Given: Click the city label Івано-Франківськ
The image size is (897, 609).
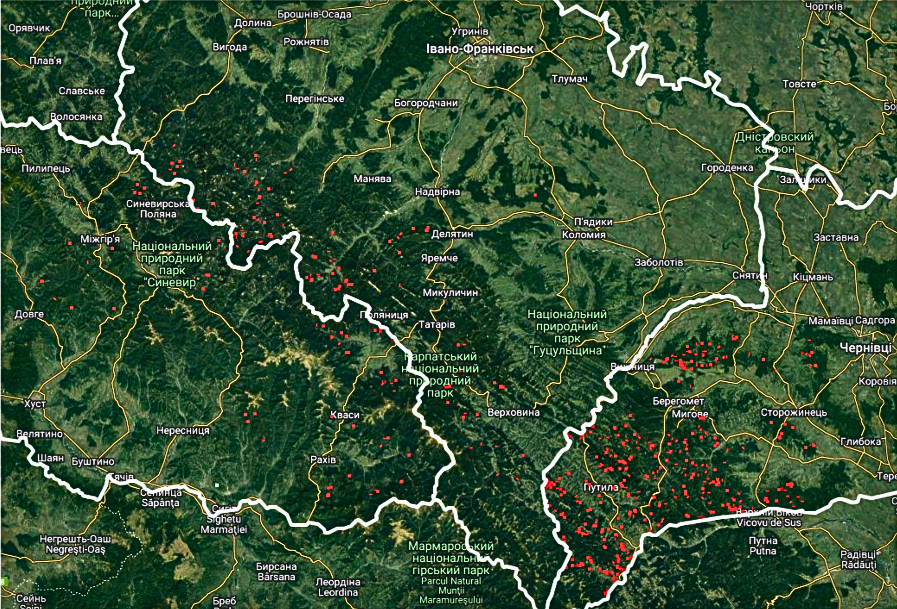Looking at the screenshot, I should tap(480, 49).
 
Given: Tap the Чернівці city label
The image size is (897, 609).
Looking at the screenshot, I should tap(866, 348).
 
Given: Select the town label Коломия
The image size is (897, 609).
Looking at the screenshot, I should tap(584, 235).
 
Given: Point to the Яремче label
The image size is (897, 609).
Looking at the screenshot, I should tap(439, 258).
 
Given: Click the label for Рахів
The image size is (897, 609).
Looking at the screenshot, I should tap(323, 460).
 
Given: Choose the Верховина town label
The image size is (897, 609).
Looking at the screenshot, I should tap(513, 412).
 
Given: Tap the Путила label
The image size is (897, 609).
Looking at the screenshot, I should tap(600, 488).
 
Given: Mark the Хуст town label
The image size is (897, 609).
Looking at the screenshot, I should tap(35, 404).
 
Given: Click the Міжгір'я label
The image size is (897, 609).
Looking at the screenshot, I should tap(100, 239).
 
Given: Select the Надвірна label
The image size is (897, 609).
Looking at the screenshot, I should tap(437, 191).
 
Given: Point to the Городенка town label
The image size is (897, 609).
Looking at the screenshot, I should tap(727, 167).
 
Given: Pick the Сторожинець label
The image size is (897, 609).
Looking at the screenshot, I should tap(794, 412).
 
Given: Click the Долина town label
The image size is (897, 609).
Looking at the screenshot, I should tap(252, 23).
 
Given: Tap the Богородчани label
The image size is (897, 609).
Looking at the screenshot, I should tap(426, 103).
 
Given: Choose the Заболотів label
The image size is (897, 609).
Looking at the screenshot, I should tap(658, 262).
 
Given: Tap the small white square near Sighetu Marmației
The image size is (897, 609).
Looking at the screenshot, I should tap(217, 485).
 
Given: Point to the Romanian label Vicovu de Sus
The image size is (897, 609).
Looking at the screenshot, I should tap(769, 523).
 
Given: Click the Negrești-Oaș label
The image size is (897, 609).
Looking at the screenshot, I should tap(75, 550).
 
